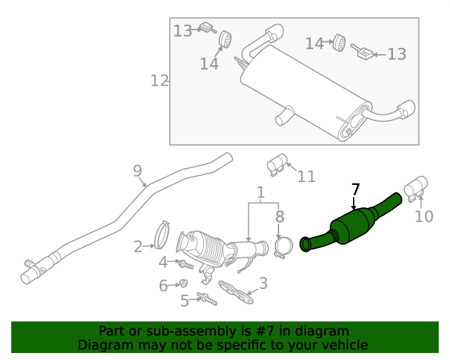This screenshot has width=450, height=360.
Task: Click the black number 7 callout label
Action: point(356,189)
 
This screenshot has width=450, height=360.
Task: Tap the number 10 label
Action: point(424,217)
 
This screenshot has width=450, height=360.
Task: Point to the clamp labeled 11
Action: point(276,165)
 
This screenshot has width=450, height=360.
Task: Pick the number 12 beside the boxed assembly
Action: point(160,81)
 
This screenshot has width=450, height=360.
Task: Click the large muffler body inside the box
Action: point(295,91)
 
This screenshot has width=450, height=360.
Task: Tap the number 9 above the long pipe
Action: point(138,170)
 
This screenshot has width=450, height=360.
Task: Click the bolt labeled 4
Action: point(185,264)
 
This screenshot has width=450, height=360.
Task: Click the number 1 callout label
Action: point(260,192)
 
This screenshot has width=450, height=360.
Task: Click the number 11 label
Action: point(306,176)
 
